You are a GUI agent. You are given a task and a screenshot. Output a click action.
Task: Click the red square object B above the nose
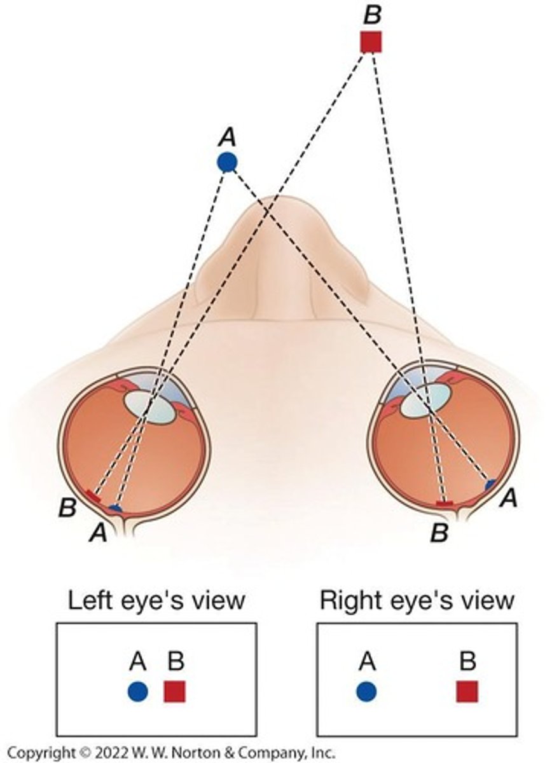click(x=371, y=42)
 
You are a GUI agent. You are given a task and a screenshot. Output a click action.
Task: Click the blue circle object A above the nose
click(x=227, y=163)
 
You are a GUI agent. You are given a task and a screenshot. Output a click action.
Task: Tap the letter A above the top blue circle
click(x=227, y=135)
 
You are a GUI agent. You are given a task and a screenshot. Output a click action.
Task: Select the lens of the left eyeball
click(x=149, y=408)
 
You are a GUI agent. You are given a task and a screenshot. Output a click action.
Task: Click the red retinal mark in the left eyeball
click(x=93, y=496)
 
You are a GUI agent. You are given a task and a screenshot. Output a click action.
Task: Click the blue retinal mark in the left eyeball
click(x=115, y=508)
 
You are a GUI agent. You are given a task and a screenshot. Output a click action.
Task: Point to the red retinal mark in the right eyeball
click(x=444, y=504)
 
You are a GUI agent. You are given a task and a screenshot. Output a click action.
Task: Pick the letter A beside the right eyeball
click(x=507, y=500)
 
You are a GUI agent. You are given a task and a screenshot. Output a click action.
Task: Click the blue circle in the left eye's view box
click(x=137, y=691)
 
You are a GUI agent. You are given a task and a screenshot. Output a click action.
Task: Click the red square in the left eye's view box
click(x=175, y=691)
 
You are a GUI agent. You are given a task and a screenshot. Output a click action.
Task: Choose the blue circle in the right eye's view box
click(x=366, y=691)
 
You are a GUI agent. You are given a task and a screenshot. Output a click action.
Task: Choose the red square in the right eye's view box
click(x=467, y=691)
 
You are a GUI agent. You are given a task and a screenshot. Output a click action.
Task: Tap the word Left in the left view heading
click(x=88, y=600)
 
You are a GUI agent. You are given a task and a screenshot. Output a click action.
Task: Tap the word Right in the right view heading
click(x=348, y=600)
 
